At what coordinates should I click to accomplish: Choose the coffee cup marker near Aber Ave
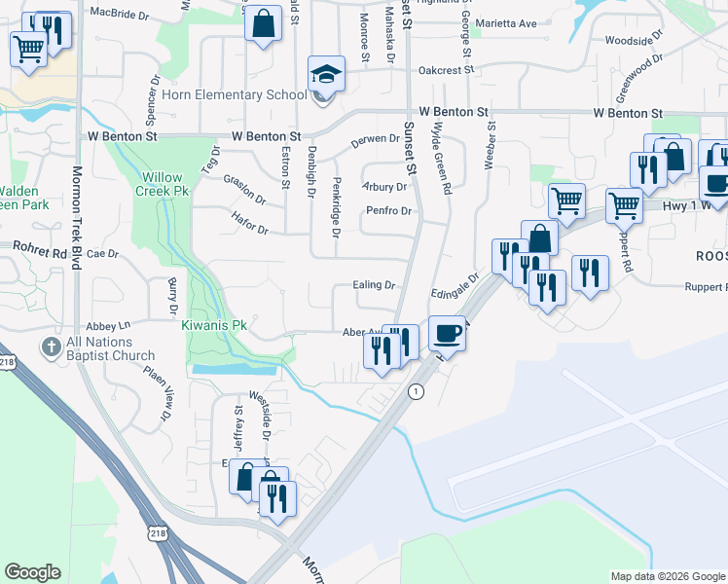tap(447, 333)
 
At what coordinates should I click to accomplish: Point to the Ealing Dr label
tap(375, 285)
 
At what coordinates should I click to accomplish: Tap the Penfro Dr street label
tap(389, 211)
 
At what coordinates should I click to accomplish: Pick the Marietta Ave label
tap(513, 23)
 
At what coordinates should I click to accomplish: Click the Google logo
tap(32, 572)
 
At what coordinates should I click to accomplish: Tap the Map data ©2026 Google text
tap(667, 576)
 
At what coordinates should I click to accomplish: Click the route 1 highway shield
tap(417, 391)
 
